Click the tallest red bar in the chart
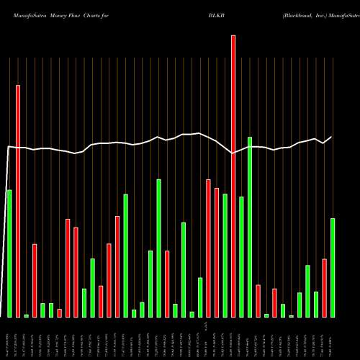pyautogui.click(x=233, y=176)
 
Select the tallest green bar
pyautogui.click(x=250, y=227)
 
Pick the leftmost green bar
pyautogui.click(x=9, y=253)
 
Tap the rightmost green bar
pyautogui.click(x=333, y=267)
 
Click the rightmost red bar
pyautogui.click(x=324, y=288)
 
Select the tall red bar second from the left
pyautogui.click(x=18, y=201)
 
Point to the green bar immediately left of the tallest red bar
pyautogui.click(x=225, y=256)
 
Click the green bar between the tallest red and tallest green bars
pyautogui.click(x=241, y=257)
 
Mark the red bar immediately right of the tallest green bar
pyautogui.click(x=258, y=301)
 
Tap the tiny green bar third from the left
pyautogui.click(x=26, y=315)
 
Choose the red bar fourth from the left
pyautogui.click(x=60, y=312)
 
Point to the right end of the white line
pyautogui.click(x=332, y=137)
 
